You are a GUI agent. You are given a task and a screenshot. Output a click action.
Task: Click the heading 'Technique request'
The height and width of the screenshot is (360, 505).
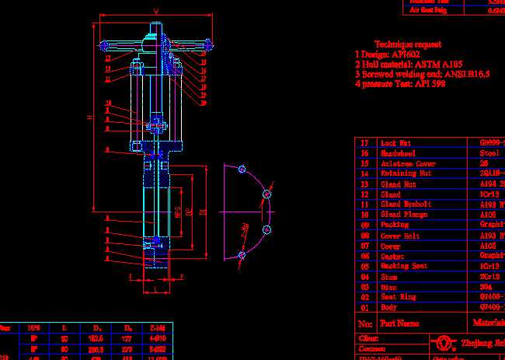click(408, 45)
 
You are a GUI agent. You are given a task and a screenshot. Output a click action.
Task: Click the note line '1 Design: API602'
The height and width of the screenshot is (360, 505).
click(386, 55)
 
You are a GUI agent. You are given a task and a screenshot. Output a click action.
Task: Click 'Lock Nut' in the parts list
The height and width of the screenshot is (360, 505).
click(395, 144)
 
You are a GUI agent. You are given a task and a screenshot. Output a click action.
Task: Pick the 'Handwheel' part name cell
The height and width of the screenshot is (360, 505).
click(397, 154)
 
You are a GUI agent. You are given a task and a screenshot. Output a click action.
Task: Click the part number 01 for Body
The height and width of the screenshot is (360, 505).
click(364, 308)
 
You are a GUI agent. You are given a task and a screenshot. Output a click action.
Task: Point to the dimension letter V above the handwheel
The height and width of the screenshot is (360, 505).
click(156, 11)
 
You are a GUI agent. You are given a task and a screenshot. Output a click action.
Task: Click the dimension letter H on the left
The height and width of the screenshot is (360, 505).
click(89, 117)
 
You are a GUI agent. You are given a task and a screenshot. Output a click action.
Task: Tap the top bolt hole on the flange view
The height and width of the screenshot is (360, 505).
click(242, 170)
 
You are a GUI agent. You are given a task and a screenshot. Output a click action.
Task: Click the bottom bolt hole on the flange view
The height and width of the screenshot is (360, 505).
click(242, 254)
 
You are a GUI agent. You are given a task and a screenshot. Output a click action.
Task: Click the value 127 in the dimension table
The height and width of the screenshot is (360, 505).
click(127, 339)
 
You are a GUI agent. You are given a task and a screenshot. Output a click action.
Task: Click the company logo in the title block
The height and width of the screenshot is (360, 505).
click(444, 343)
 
